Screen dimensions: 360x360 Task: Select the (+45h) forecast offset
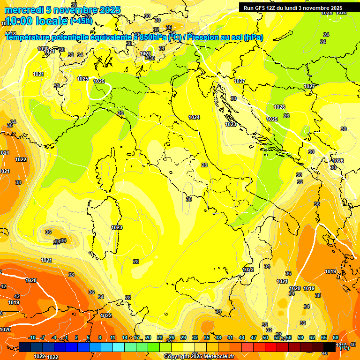pyautogui.click(x=81, y=21)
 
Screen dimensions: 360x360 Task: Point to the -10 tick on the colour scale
pyautogui.click(x=32, y=337)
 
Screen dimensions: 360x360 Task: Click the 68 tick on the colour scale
pyautogui.click(x=336, y=337)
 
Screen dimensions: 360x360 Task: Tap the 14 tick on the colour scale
pyautogui.click(x=125, y=337)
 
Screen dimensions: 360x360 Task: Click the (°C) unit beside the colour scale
pyautogui.click(x=345, y=348)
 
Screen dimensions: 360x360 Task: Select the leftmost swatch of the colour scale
pyautogui.click(x=25, y=347)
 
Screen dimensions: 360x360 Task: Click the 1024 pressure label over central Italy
pyautogui.click(x=194, y=117)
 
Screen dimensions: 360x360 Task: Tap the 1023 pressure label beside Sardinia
pyautogui.click(x=117, y=227)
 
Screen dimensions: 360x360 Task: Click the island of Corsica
pyautogui.click(x=106, y=169)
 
